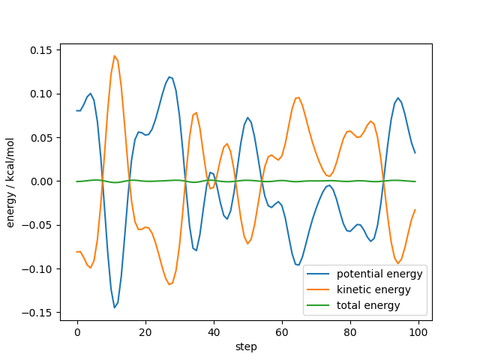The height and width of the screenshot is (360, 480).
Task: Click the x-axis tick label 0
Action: [x=77, y=331]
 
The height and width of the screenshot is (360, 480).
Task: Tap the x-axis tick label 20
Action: [x=145, y=331]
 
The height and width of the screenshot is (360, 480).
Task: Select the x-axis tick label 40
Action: [x=214, y=331]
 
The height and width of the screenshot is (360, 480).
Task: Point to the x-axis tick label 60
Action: [x=282, y=331]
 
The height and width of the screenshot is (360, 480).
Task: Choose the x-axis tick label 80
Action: [x=350, y=331]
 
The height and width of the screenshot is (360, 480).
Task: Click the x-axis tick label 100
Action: [x=418, y=331]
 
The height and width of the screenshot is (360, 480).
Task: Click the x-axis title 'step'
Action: [x=246, y=346]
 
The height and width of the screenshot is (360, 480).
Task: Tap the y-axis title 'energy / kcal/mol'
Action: [x=11, y=181]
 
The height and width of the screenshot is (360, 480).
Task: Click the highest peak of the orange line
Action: [x=115, y=55]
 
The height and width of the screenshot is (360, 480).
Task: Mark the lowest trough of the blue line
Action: [x=115, y=307]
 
